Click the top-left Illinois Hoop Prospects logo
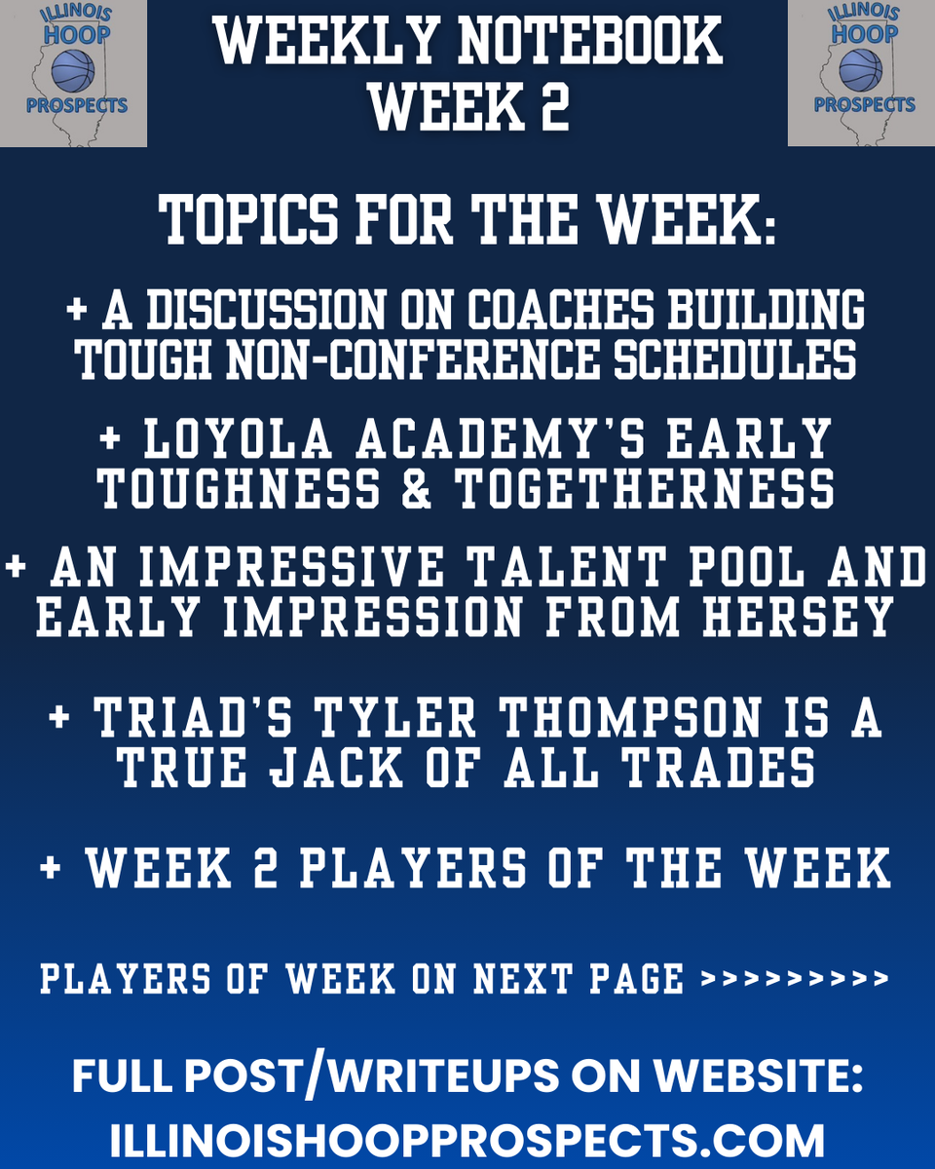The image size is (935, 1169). pyautogui.click(x=73, y=73)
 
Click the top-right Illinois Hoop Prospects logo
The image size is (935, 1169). pyautogui.click(x=861, y=73)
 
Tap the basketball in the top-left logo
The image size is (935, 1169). pyautogui.click(x=73, y=70)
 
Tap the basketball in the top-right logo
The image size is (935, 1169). pyautogui.click(x=861, y=70)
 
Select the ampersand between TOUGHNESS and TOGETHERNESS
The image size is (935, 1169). pyautogui.click(x=417, y=489)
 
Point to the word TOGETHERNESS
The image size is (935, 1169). pyautogui.click(x=646, y=489)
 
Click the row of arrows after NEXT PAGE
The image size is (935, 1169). pyautogui.click(x=795, y=978)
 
